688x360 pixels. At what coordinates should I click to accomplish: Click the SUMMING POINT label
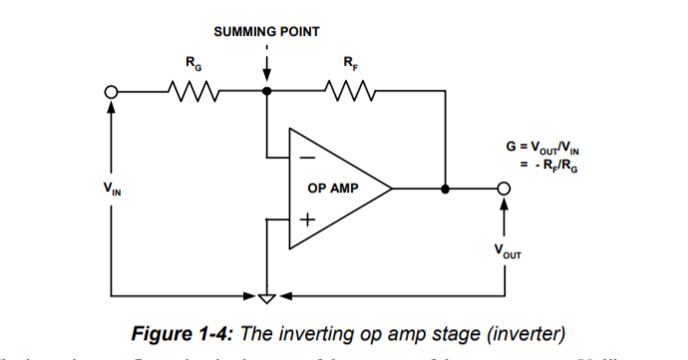point(266,32)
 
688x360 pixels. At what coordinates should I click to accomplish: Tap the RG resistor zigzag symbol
point(189,92)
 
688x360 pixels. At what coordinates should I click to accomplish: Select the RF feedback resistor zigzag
point(349,92)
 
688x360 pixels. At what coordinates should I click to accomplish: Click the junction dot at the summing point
point(266,92)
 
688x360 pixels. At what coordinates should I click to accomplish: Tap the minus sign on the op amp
point(308,157)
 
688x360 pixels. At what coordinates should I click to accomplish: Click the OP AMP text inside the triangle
point(333,187)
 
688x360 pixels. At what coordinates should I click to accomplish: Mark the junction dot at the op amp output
point(445,187)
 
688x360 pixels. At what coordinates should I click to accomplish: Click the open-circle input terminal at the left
point(112,92)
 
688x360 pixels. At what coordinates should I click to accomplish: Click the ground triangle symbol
point(266,296)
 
